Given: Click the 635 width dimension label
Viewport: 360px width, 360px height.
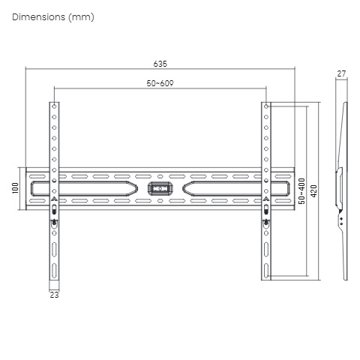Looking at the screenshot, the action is pyautogui.click(x=160, y=64).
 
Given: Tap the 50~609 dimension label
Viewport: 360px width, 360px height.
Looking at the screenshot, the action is pyautogui.click(x=160, y=83).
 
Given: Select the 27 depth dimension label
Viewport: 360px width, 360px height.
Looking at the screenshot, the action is pyautogui.click(x=341, y=73).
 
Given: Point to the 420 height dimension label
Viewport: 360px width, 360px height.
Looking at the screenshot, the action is pyautogui.click(x=313, y=190).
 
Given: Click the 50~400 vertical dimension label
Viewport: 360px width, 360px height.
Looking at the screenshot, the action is pyautogui.click(x=301, y=191).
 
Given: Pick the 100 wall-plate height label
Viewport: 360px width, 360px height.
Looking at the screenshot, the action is pyautogui.click(x=15, y=188).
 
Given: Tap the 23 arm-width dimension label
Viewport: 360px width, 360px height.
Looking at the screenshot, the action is pyautogui.click(x=54, y=295).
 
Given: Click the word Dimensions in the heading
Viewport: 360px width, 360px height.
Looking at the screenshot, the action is pyautogui.click(x=38, y=17).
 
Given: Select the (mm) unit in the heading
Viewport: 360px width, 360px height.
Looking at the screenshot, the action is pyautogui.click(x=81, y=17).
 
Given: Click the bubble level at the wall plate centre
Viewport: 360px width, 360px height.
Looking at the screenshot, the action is pyautogui.click(x=160, y=189).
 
